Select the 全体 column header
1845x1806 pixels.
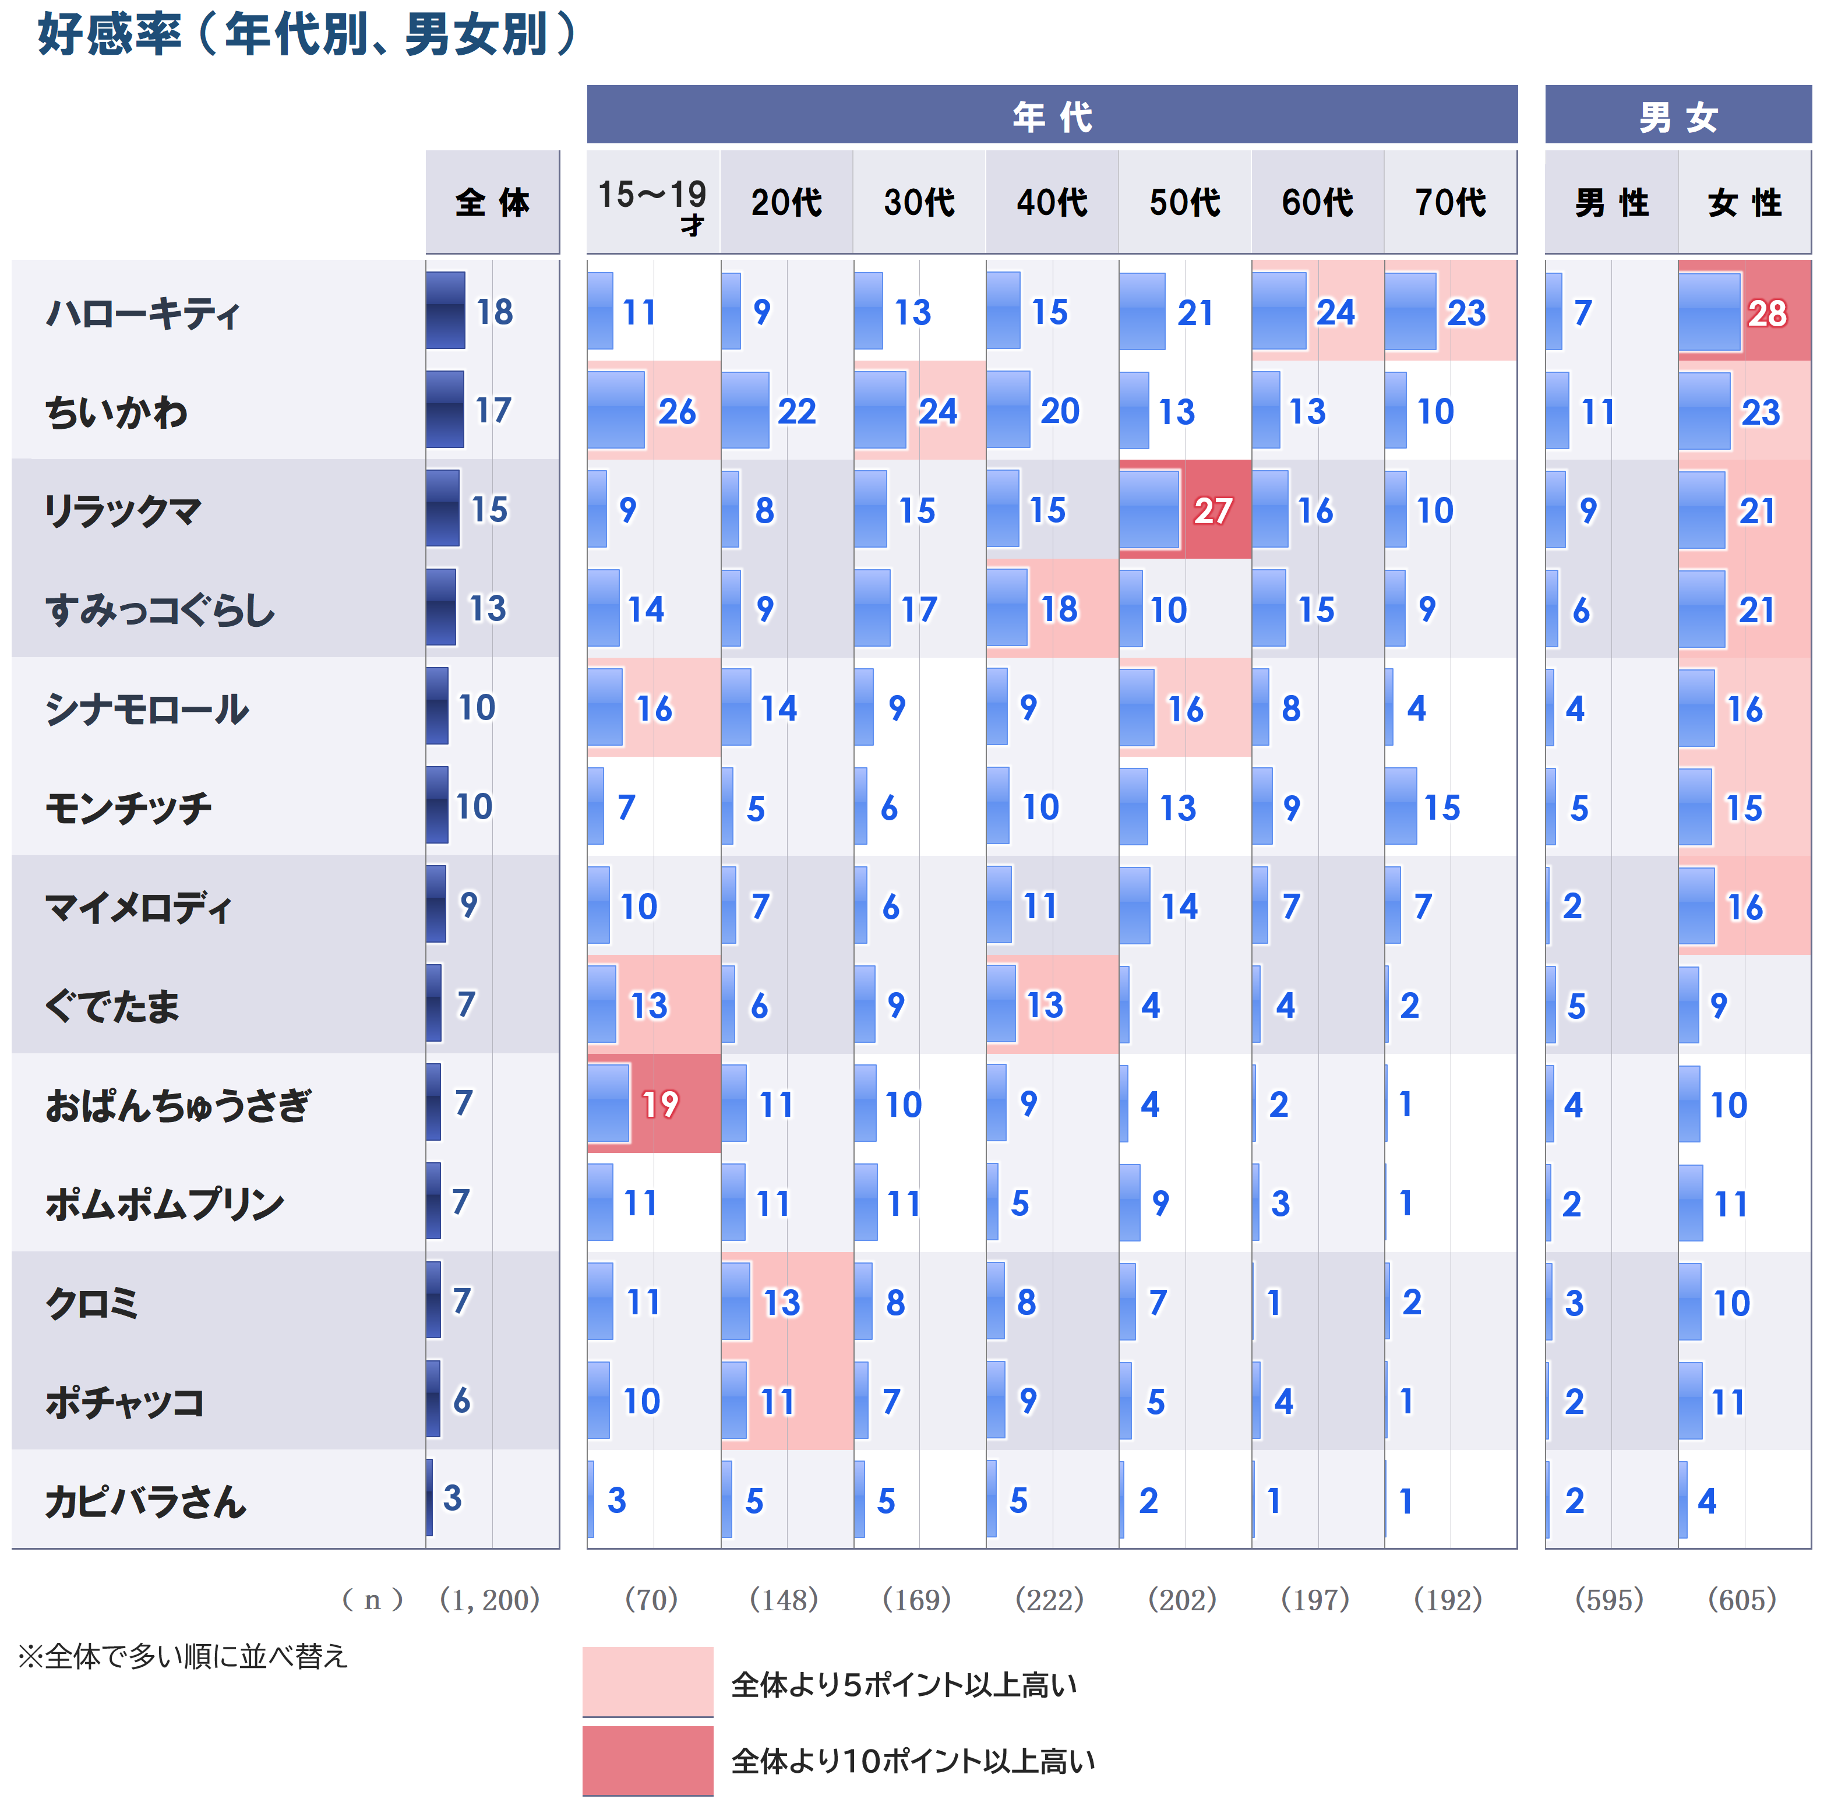(492, 203)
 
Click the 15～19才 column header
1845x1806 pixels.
(652, 203)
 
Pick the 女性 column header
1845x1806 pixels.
(1744, 203)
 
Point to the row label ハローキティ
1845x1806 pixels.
(142, 312)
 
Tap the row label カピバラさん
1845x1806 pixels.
(145, 1501)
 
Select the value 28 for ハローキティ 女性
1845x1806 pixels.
(1766, 313)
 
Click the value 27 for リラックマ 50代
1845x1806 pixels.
(1212, 512)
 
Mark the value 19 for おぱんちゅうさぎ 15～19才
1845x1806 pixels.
(660, 1104)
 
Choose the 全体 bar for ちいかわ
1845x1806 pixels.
(445, 410)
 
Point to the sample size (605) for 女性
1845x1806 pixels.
(1742, 1599)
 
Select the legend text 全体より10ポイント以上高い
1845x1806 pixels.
(912, 1761)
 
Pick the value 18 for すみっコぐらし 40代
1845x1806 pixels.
(1059, 609)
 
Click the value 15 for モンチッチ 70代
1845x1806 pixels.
(1442, 808)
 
